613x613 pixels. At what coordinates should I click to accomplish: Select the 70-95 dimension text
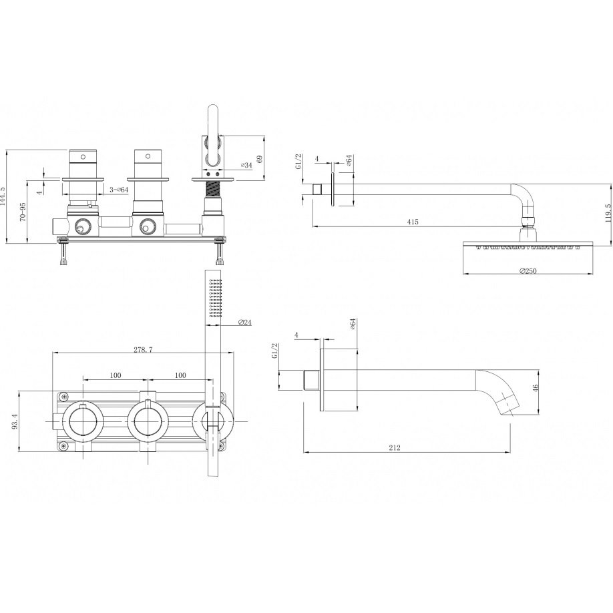click(23, 212)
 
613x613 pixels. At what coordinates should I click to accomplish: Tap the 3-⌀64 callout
click(119, 190)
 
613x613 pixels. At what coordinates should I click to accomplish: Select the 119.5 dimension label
click(608, 212)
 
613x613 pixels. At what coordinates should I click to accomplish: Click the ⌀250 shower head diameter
click(528, 271)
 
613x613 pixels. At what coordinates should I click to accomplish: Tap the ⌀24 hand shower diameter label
click(244, 323)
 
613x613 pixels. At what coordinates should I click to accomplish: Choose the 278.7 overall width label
click(143, 349)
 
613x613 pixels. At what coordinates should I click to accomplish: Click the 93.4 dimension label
click(15, 421)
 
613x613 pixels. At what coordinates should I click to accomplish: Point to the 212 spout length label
click(395, 448)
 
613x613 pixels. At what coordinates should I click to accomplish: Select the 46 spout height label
click(536, 387)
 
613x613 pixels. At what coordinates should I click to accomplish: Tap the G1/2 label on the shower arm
click(298, 162)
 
